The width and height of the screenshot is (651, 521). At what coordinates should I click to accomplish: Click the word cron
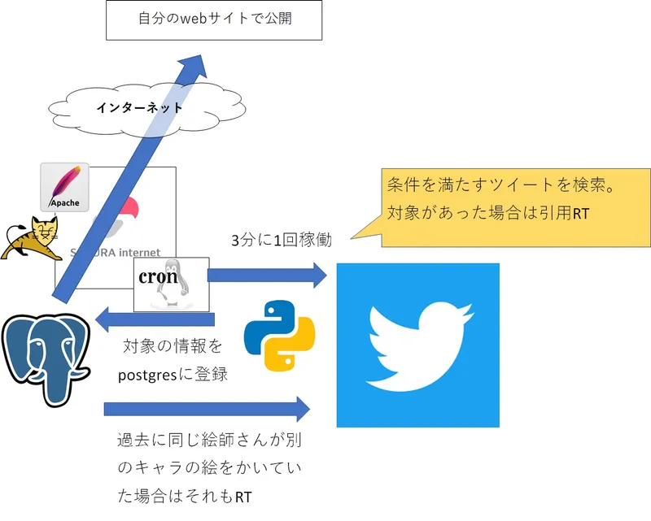point(158,276)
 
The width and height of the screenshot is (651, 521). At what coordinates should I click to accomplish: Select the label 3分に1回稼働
point(282,241)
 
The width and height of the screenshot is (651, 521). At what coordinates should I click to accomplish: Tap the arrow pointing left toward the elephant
point(155,321)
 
